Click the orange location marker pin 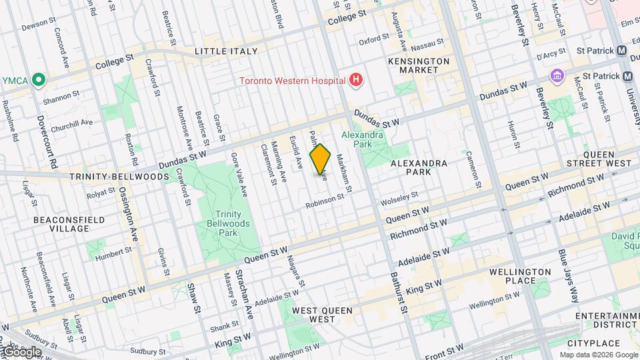pyautogui.click(x=321, y=159)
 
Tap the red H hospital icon pyautogui.click(x=357, y=81)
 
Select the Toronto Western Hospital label pyautogui.click(x=293, y=81)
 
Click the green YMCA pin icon pyautogui.click(x=39, y=81)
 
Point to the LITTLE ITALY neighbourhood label pyautogui.click(x=225, y=51)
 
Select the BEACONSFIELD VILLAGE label pyautogui.click(x=61, y=223)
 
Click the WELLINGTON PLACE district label pyautogui.click(x=519, y=276)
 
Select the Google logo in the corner pyautogui.click(x=21, y=351)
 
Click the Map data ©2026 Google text pyautogui.click(x=598, y=354)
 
